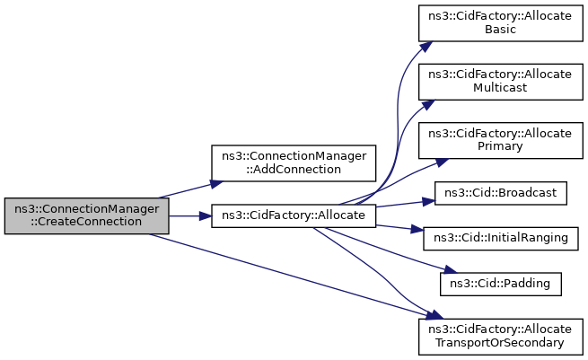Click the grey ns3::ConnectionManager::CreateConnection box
[86, 216]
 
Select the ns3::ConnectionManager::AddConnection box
[294, 163]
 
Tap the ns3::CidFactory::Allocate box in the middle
[294, 216]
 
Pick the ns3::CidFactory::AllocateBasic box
[501, 23]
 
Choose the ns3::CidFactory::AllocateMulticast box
[501, 82]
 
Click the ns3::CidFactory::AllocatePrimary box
[501, 140]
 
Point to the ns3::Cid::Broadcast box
[501, 193]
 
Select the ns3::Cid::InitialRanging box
[501, 239]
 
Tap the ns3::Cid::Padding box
[501, 285]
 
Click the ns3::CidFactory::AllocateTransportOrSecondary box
[501, 337]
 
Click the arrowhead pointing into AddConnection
[216, 184]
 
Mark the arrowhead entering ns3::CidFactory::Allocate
[206, 216]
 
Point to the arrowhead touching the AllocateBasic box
[426, 46]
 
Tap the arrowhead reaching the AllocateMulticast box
[428, 104]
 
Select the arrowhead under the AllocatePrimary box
[442, 162]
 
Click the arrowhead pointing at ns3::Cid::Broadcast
[428, 201]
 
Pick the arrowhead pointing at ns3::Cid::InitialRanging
[417, 229]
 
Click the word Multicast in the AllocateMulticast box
[500, 88]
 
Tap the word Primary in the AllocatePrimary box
[500, 146]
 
